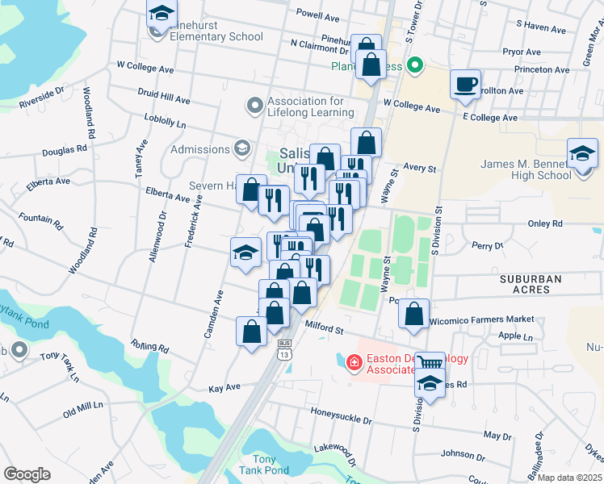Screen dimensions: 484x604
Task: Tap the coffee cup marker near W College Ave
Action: tap(464, 85)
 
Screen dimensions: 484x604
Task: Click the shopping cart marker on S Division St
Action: tap(430, 365)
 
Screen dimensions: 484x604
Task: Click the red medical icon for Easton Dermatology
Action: tap(353, 363)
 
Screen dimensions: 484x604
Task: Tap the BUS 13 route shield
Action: tap(284, 351)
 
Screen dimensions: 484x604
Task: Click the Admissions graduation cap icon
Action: tap(241, 148)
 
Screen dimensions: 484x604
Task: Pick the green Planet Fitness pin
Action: tap(415, 65)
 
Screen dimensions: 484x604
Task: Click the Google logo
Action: tap(27, 474)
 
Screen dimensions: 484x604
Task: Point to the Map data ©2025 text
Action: tap(569, 478)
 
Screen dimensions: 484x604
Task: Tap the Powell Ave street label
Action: tap(317, 15)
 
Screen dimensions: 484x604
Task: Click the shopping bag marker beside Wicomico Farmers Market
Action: tap(414, 315)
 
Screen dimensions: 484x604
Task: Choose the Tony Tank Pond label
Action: tap(264, 464)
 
